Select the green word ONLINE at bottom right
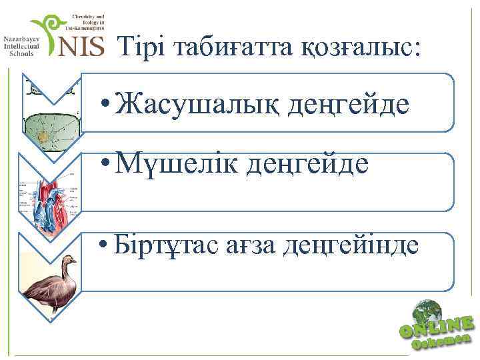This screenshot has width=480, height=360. (437, 327)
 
